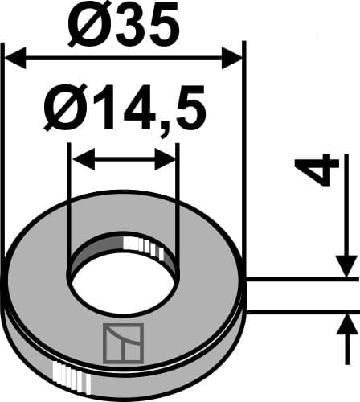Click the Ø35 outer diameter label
[x=123, y=26]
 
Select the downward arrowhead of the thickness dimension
[x=346, y=266]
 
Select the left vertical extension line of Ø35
[x=5, y=161]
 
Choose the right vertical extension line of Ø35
[x=242, y=161]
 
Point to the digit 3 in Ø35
[x=129, y=27]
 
